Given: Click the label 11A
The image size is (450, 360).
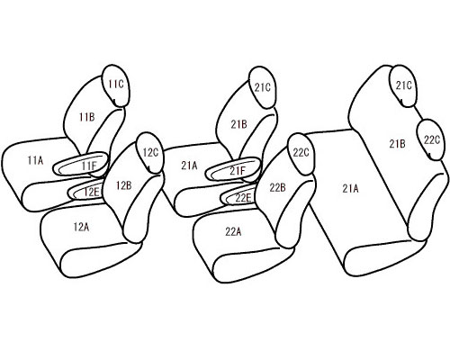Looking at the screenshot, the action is pyautogui.click(x=35, y=161).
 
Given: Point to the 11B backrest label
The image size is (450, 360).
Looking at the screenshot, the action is pyautogui.click(x=87, y=117).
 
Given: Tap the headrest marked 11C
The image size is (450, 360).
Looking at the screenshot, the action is pyautogui.click(x=116, y=85).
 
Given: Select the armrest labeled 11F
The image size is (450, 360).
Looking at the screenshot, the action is pyautogui.click(x=80, y=164).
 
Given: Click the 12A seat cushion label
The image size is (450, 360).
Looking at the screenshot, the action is pyautogui.click(x=81, y=227).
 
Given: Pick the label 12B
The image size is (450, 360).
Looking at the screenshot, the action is pyautogui.click(x=124, y=186).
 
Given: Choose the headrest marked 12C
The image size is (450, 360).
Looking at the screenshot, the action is pyautogui.click(x=150, y=153).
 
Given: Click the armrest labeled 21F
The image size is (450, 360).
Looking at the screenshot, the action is pyautogui.click(x=232, y=169).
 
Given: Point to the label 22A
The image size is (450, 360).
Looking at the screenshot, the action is pyautogui.click(x=233, y=232).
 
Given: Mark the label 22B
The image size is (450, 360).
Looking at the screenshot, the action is pyautogui.click(x=277, y=188).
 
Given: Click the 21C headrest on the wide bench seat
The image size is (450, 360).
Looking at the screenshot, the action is pyautogui.click(x=403, y=86).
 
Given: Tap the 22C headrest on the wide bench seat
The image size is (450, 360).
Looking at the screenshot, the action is pyautogui.click(x=432, y=139).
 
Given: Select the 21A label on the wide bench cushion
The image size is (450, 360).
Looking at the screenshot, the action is pyautogui.click(x=350, y=189).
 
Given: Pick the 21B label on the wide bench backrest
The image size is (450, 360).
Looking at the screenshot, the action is pyautogui.click(x=397, y=144).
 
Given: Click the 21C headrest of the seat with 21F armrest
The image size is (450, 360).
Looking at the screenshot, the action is pyautogui.click(x=263, y=87).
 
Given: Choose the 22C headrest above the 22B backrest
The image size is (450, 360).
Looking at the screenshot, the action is pyautogui.click(x=301, y=154).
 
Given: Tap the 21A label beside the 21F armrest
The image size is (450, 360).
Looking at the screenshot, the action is pyautogui.click(x=189, y=166).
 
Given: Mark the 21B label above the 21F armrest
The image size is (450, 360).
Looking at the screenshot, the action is pyautogui.click(x=238, y=124).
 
